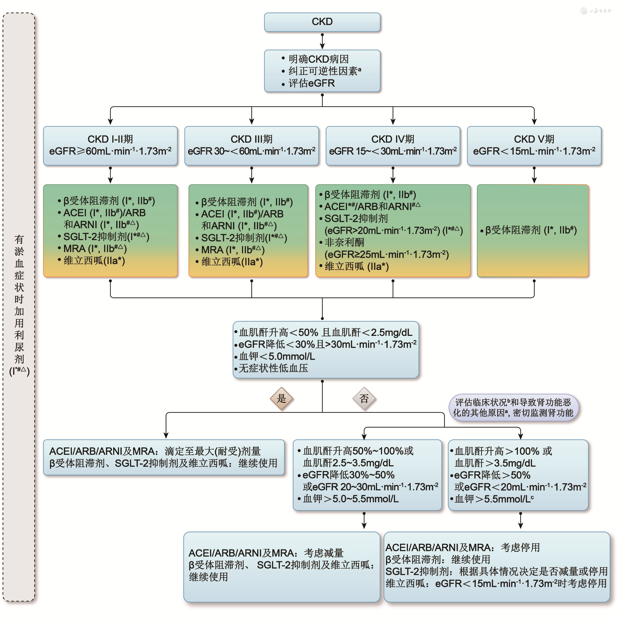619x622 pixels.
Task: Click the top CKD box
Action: point(322,22)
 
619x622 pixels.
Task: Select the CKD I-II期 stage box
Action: point(110,145)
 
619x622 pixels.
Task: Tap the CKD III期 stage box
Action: point(252,145)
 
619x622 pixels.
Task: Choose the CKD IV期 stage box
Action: point(393,145)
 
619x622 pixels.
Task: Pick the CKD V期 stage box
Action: point(534,145)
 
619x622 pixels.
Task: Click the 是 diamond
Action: point(281,398)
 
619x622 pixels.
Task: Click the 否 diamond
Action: point(364,398)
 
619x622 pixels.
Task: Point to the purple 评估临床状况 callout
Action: point(513,407)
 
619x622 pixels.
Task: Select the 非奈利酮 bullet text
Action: point(344,242)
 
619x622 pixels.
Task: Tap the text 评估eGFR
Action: point(312,83)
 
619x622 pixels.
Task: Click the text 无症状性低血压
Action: point(273,368)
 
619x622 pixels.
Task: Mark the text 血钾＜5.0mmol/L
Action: point(277,356)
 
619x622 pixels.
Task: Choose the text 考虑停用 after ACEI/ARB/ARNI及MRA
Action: point(520,547)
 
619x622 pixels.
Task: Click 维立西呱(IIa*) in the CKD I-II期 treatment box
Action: point(94,261)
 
